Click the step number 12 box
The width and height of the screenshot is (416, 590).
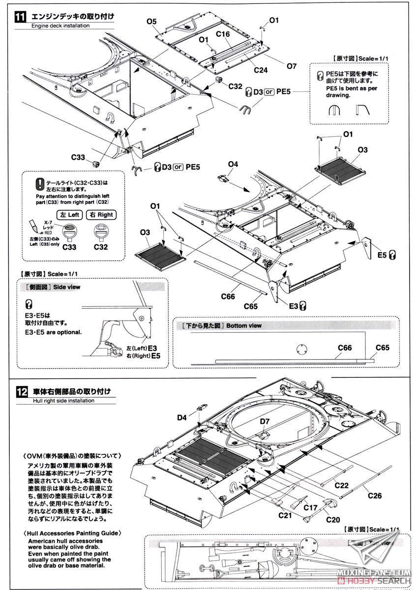tap(19, 392)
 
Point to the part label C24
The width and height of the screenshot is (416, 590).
tap(261, 70)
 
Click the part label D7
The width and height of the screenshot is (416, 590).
tap(265, 421)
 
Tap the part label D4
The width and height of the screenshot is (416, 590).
tap(182, 418)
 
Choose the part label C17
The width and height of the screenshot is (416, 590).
tap(310, 507)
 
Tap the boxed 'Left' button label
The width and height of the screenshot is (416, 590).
tap(70, 214)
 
